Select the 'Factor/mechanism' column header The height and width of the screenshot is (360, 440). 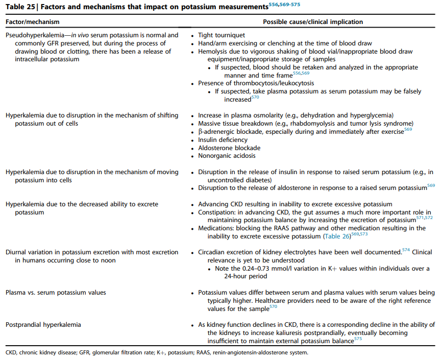(x=32, y=22)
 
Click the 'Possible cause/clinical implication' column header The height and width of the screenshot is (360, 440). (x=313, y=22)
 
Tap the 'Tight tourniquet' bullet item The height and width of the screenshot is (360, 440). (x=222, y=36)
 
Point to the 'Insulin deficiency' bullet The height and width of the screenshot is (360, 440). (x=223, y=140)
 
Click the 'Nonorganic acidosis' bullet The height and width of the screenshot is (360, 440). (x=227, y=156)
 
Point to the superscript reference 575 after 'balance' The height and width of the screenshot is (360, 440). (x=358, y=339)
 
